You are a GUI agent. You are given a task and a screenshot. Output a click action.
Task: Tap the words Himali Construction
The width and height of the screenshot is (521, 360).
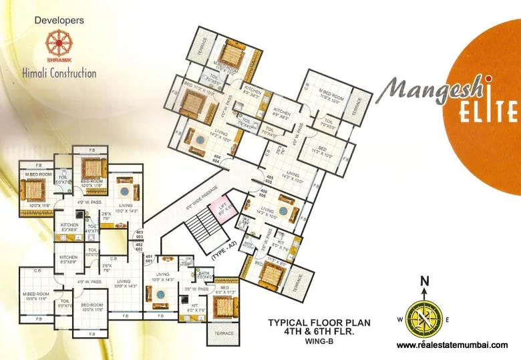[x=59, y=73]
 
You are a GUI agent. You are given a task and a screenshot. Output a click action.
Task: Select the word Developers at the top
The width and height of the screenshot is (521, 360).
[x=59, y=21]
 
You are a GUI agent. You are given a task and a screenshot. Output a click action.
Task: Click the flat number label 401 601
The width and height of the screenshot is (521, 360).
[x=150, y=259]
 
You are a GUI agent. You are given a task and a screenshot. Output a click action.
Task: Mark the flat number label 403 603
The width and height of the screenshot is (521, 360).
[x=140, y=234]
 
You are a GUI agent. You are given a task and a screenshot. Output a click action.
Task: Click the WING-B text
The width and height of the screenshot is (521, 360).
[x=319, y=342]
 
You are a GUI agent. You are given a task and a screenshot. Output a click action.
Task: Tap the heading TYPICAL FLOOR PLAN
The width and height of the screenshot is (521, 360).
[x=319, y=322]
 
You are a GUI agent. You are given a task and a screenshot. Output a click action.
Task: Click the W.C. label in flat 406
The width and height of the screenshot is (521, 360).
[x=246, y=222]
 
